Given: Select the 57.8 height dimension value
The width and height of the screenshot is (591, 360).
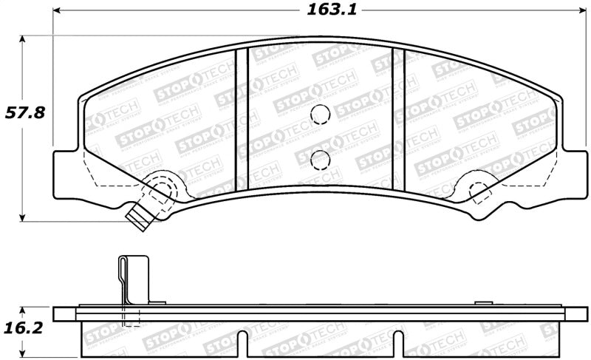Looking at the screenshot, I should (26, 113).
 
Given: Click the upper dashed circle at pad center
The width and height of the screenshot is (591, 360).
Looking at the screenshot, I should (320, 115).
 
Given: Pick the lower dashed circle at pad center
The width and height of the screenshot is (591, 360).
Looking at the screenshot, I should (320, 159).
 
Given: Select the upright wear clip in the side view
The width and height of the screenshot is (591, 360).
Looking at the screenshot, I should (133, 281).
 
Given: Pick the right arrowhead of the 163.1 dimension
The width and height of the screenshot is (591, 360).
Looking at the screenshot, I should (581, 11).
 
